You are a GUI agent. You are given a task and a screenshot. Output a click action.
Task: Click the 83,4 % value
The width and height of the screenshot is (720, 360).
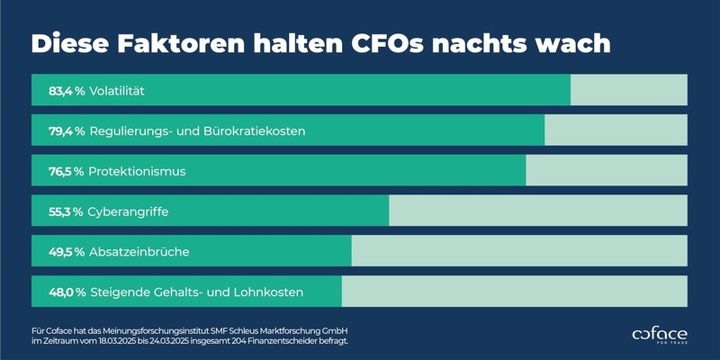tap(67, 91)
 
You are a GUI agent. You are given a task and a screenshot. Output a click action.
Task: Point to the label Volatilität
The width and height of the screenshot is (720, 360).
tap(117, 91)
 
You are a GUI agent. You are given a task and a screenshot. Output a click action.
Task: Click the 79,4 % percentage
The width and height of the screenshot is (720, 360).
tap(67, 131)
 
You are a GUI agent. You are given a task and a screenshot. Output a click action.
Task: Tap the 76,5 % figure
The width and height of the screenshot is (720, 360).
tap(67, 171)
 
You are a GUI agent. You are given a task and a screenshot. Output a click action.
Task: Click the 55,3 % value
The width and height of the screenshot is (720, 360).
tap(67, 211)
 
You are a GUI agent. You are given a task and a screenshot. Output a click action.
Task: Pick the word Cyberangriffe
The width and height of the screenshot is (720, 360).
tap(129, 211)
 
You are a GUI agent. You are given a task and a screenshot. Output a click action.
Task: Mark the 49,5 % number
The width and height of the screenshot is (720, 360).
tap(67, 252)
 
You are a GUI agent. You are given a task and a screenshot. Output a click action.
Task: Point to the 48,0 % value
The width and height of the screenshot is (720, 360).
tap(67, 292)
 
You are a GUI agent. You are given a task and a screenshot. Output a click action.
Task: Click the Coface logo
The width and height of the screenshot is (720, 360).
tap(660, 334)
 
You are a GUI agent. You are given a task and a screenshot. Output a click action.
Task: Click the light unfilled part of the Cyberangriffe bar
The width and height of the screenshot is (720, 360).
tap(537, 211)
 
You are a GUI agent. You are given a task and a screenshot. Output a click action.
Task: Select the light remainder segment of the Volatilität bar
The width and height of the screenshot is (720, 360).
tap(628, 91)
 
